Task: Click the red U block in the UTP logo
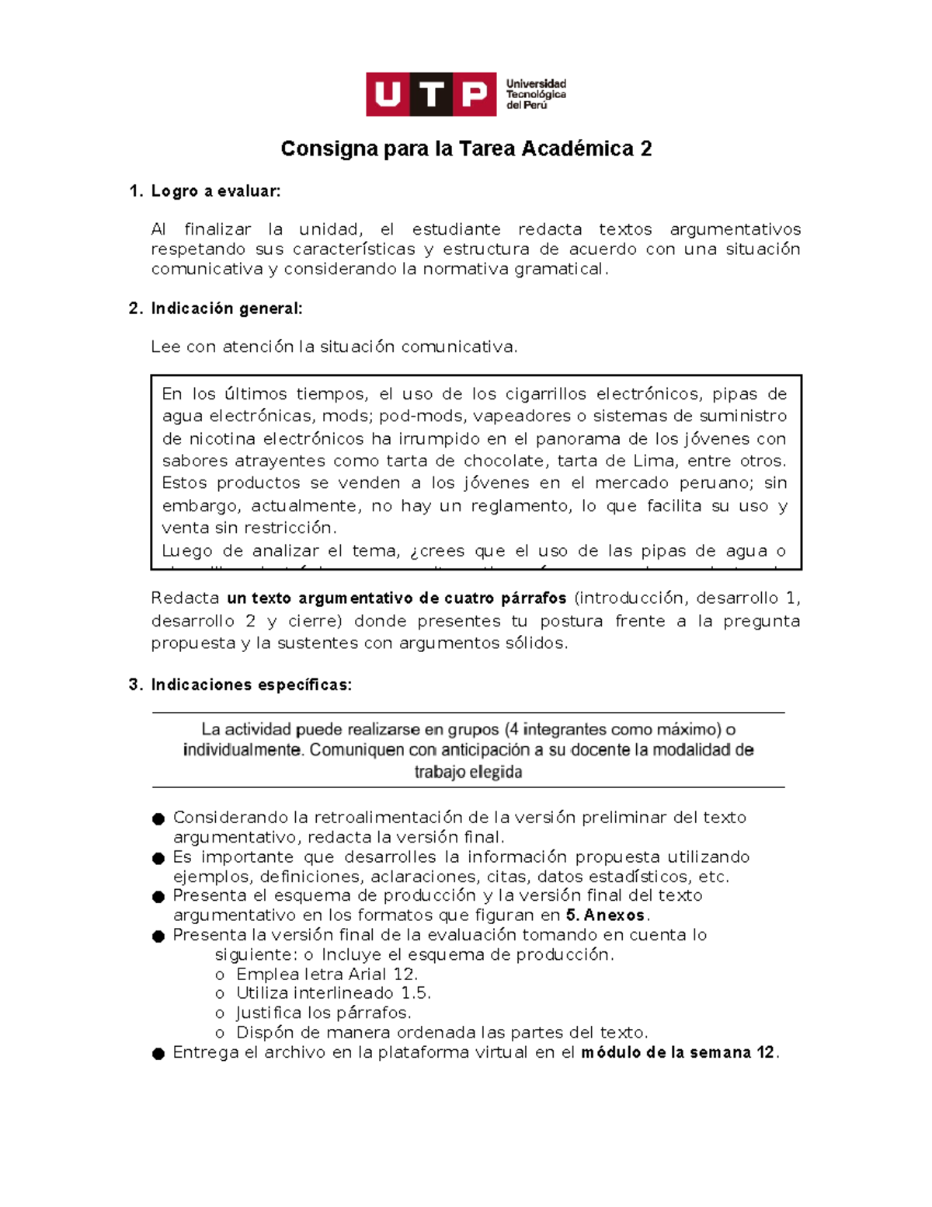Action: pyautogui.click(x=388, y=95)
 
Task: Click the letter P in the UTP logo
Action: pyautogui.click(x=474, y=95)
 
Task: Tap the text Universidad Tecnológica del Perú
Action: pyautogui.click(x=536, y=94)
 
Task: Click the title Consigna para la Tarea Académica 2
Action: pyautogui.click(x=466, y=148)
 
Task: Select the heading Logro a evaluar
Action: pyautogui.click(x=215, y=191)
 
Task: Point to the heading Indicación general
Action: pyautogui.click(x=226, y=309)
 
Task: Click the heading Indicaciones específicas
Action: pyautogui.click(x=251, y=685)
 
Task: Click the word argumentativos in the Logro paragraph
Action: pyautogui.click(x=735, y=229)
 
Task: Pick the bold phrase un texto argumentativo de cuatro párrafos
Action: pyautogui.click(x=397, y=598)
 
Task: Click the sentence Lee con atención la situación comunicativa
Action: pyautogui.click(x=334, y=347)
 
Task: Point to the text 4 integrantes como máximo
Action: pyautogui.click(x=613, y=729)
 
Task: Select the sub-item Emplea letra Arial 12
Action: pyautogui.click(x=327, y=975)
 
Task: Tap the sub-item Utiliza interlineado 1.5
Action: pyautogui.click(x=333, y=993)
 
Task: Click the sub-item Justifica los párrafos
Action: pyautogui.click(x=323, y=1013)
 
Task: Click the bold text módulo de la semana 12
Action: pyautogui.click(x=678, y=1053)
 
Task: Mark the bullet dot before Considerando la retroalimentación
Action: pyautogui.click(x=158, y=819)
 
